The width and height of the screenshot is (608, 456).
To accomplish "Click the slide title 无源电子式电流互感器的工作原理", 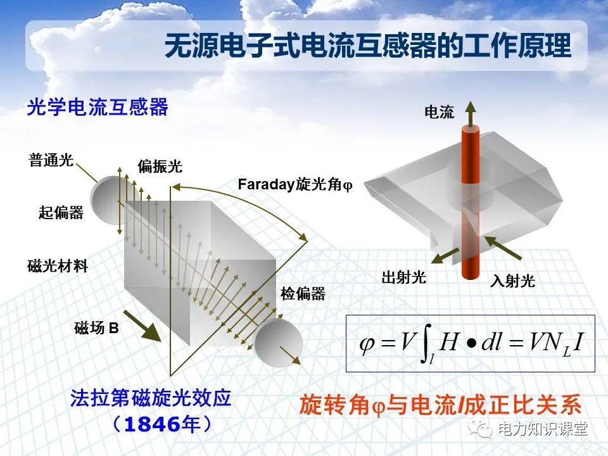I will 367,47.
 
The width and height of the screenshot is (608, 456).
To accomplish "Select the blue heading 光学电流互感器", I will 98,107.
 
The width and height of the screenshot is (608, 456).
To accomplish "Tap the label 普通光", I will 51,160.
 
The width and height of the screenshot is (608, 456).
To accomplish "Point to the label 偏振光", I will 160,167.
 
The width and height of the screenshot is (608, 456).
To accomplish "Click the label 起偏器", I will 61,213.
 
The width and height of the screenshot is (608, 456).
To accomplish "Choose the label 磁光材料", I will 58,266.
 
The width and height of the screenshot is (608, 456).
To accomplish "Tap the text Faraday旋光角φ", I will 294,184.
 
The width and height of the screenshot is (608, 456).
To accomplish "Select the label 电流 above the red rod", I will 439,113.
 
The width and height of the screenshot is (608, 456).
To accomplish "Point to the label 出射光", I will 403,277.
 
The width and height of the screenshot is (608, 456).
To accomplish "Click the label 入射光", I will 512,281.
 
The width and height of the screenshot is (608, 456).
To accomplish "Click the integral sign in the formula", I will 426,346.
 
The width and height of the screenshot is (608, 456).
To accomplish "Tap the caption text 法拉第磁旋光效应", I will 151,399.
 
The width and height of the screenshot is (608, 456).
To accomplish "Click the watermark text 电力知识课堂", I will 543,429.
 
